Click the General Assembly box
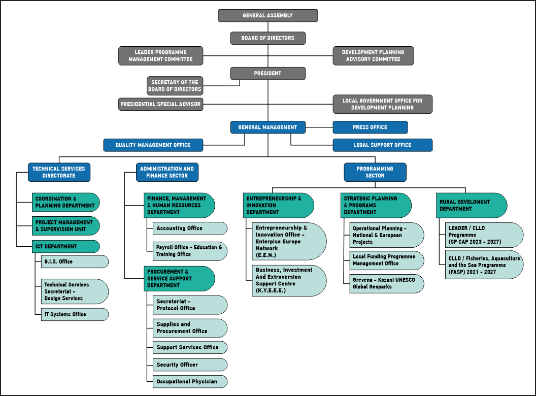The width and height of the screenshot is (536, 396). click(x=267, y=15)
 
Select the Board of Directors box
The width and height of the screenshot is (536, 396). click(x=267, y=38)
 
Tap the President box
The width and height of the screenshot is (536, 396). click(x=267, y=73)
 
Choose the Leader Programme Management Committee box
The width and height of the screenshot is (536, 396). click(x=161, y=56)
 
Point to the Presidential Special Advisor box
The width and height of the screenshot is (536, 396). click(x=161, y=104)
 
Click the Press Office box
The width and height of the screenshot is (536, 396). click(x=370, y=127)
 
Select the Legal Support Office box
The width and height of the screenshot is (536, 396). click(x=383, y=145)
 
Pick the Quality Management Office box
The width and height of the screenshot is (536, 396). click(x=153, y=145)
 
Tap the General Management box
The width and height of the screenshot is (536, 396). click(x=267, y=127)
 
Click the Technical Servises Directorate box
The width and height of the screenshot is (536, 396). click(x=59, y=172)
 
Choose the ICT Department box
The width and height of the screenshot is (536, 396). click(x=65, y=247)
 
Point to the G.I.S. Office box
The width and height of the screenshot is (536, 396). click(x=75, y=261)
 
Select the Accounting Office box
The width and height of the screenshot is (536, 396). click(x=190, y=228)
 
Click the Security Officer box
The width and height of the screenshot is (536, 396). click(x=190, y=365)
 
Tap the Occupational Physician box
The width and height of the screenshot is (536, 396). click(x=190, y=381)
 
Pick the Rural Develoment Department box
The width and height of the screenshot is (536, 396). click(x=472, y=205)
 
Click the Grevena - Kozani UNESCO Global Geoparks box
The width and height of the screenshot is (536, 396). click(x=387, y=283)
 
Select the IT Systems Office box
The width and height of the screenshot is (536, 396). click(x=75, y=314)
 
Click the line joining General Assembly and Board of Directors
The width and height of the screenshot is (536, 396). click(x=267, y=27)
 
